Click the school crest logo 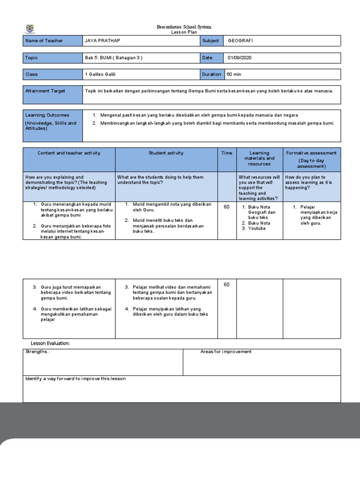pos(30,29)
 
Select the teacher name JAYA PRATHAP pos(100,41)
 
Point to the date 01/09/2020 pos(242,58)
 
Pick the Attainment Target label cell pos(45,91)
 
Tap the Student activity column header pos(166,153)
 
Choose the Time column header pos(227,153)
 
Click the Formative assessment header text pos(311,153)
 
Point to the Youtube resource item pos(257,229)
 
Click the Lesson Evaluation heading pos(51,344)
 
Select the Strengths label pos(37,352)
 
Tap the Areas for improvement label pos(226,352)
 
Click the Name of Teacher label pos(44,41)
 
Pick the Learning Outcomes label pos(47,115)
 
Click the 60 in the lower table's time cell pos(227,285)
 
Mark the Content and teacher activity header pos(69,153)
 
